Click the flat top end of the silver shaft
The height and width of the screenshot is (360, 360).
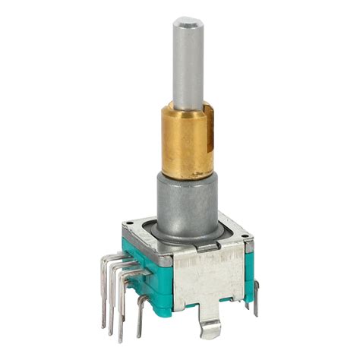[188, 22]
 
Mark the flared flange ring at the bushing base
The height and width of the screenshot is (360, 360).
[188, 230]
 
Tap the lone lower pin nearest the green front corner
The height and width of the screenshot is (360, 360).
[141, 311]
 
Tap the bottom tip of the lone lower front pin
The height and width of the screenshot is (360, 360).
[138, 335]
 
